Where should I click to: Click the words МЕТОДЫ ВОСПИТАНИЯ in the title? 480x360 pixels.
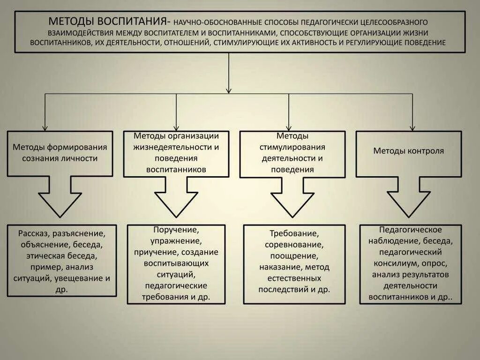click(108, 22)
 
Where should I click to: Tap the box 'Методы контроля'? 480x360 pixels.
click(408, 151)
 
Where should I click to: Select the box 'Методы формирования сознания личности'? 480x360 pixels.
click(60, 153)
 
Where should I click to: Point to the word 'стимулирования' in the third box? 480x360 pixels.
click(292, 147)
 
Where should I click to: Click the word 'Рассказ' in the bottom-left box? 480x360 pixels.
click(34, 233)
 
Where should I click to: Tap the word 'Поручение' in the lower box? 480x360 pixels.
click(176, 230)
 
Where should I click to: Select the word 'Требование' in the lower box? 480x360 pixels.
click(294, 233)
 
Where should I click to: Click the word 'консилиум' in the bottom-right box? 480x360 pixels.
click(392, 263)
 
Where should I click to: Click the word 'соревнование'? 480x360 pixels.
click(294, 244)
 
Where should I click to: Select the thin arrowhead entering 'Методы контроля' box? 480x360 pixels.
click(412, 127)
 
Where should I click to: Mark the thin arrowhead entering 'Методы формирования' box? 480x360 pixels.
click(45, 127)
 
